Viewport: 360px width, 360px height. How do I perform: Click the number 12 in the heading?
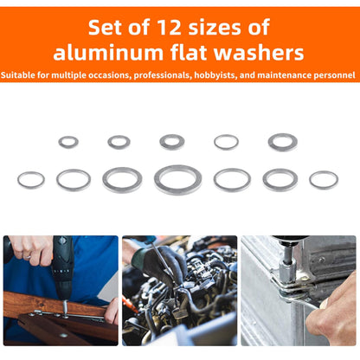(x=169, y=28)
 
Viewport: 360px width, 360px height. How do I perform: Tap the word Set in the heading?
(x=106, y=28)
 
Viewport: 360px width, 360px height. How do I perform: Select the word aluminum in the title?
(x=108, y=53)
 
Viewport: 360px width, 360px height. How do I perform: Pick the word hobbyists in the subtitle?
(x=215, y=75)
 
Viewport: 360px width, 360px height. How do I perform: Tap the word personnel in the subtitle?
(x=334, y=75)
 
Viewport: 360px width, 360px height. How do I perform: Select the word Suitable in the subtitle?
(x=18, y=75)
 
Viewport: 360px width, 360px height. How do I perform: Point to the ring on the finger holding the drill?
(x=27, y=256)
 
